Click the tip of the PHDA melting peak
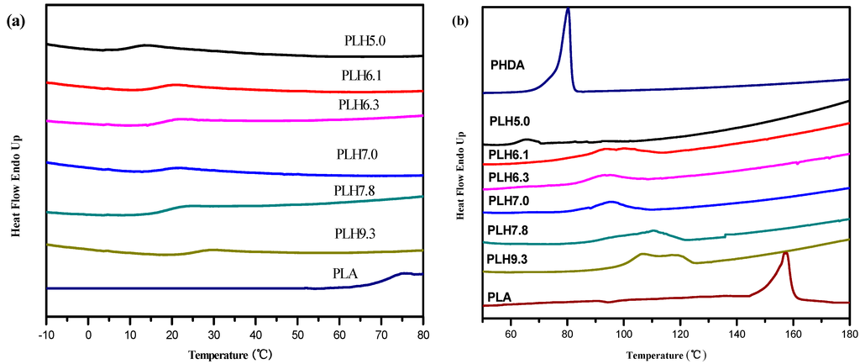pyautogui.click(x=569, y=9)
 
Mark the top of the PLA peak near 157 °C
pyautogui.click(x=785, y=252)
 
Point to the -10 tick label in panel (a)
pyautogui.click(x=47, y=331)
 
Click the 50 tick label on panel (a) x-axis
pyautogui.click(x=297, y=331)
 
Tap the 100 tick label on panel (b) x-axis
pyautogui.click(x=623, y=331)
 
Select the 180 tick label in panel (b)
pyautogui.click(x=848, y=331)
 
